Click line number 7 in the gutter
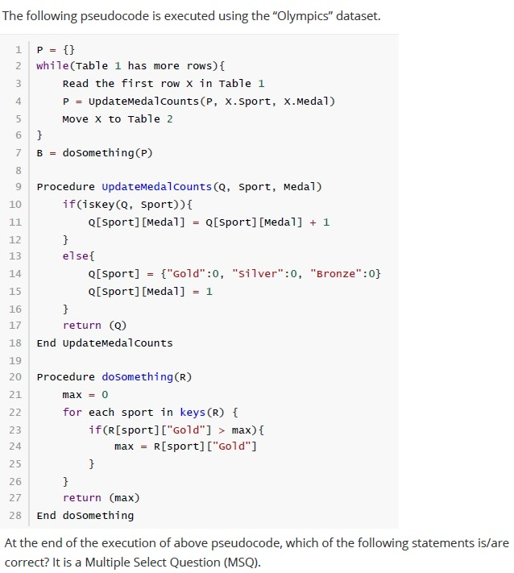tap(19, 153)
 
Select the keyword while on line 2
tap(52, 66)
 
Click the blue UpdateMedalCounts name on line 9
tap(157, 187)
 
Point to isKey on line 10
tap(98, 204)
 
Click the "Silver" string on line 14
tap(258, 273)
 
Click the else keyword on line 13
tap(75, 255)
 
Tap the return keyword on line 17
tap(82, 326)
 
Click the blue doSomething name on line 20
tap(137, 377)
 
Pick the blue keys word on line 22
tap(193, 412)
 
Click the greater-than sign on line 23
tap(222, 430)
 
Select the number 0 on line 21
tap(105, 395)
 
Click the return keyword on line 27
tap(82, 498)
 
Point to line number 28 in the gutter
tap(15, 515)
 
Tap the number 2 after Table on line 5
tap(169, 119)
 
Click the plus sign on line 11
tap(313, 222)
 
